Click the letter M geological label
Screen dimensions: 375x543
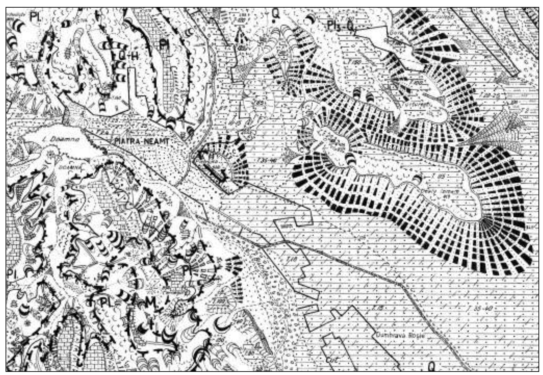[x=150, y=302]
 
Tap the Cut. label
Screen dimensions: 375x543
[x=331, y=360]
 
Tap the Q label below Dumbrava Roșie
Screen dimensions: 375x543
[x=432, y=365]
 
